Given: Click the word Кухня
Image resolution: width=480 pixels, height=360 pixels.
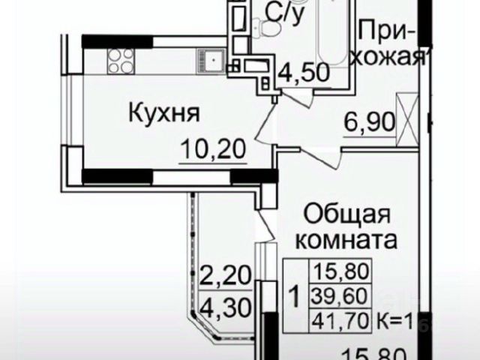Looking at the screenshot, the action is click(x=163, y=115).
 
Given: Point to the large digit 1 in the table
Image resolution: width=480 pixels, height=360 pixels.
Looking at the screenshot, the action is click(x=295, y=297).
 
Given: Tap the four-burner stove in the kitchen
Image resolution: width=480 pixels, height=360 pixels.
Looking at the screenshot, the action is click(x=120, y=55).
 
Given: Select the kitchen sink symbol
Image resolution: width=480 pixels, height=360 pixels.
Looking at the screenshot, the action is click(x=211, y=55).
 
